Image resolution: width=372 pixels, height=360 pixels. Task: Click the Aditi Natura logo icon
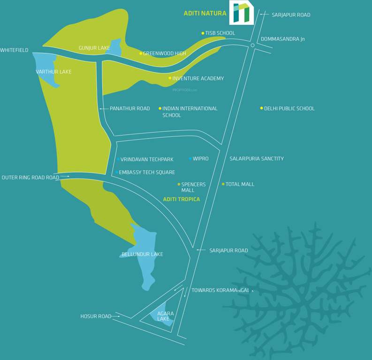[241, 13]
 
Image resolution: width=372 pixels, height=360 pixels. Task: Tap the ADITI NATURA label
[205, 14]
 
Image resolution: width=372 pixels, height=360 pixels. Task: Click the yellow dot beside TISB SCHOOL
[203, 33]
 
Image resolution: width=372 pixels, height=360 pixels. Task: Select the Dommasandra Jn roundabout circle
[252, 45]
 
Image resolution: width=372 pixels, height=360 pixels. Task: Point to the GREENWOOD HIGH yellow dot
[140, 53]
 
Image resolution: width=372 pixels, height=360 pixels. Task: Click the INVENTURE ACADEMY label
[198, 78]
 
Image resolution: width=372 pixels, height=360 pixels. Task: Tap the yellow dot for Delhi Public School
[261, 108]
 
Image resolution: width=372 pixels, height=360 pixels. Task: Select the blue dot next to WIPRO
[190, 158]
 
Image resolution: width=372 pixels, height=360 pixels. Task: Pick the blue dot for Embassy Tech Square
[116, 172]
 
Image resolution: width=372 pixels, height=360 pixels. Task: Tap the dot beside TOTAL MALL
[223, 184]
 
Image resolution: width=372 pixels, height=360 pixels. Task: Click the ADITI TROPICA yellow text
[182, 199]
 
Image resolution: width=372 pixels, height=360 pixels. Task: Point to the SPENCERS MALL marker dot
[179, 184]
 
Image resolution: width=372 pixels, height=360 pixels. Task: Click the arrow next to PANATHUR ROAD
[103, 108]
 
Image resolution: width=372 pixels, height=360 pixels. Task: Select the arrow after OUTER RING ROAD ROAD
[65, 177]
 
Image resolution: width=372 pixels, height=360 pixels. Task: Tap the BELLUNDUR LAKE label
[143, 254]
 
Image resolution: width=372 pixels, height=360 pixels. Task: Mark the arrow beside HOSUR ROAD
[116, 316]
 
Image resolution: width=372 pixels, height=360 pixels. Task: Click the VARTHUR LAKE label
[53, 72]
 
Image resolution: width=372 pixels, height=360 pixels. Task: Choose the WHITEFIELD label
[14, 50]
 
